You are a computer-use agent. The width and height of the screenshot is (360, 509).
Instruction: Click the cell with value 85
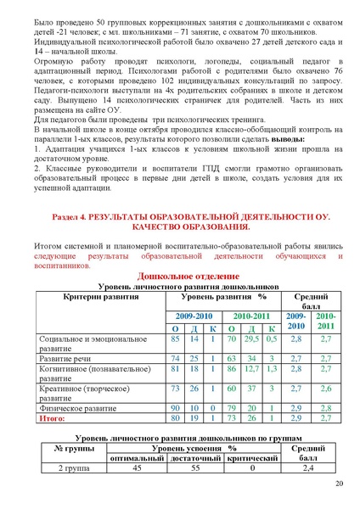(x=174, y=338)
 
